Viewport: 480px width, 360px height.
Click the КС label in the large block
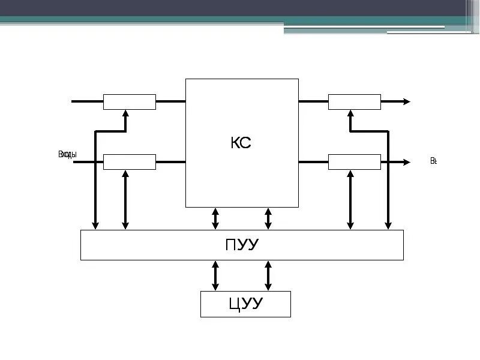[241, 143]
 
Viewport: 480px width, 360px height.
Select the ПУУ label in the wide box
[242, 245]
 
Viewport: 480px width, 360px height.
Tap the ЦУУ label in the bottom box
[245, 304]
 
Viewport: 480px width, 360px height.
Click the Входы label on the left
[67, 155]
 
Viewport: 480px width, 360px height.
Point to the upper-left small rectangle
[130, 102]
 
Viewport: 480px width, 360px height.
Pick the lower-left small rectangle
[130, 162]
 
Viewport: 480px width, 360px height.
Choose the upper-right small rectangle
[355, 102]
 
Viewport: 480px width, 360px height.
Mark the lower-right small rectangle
[355, 162]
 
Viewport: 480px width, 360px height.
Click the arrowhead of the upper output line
[407, 102]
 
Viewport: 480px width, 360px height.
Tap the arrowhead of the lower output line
[407, 162]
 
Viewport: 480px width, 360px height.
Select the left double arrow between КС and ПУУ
[215, 218]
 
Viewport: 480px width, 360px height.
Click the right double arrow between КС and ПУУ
[268, 218]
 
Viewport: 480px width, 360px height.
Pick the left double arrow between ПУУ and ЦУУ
[215, 275]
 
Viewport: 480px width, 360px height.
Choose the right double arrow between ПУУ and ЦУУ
[268, 275]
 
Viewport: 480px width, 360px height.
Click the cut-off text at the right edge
[433, 161]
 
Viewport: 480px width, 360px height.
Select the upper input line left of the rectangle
[87, 101]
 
